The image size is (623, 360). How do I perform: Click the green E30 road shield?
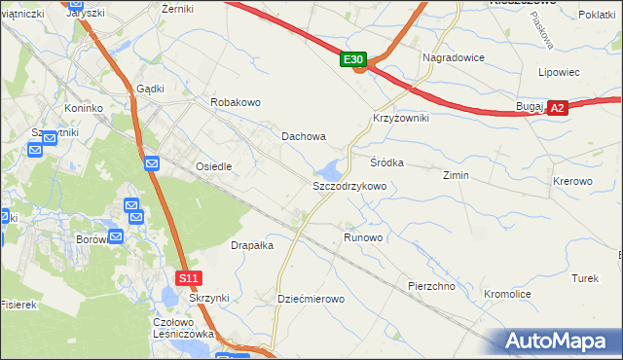355,60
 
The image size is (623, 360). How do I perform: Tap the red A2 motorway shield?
557,109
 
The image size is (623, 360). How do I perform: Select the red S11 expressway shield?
189,278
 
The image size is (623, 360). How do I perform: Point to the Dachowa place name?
304,137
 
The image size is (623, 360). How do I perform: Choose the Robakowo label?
237,102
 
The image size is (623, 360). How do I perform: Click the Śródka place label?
386,162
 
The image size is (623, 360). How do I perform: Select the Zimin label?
456,175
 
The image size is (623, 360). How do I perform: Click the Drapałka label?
252,245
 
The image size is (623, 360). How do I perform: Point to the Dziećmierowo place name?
311,299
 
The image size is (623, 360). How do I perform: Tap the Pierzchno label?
433,286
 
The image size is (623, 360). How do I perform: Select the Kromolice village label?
507,293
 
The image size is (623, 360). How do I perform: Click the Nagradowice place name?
454,57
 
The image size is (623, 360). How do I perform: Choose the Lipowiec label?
560,72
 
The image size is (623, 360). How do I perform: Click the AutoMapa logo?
560,342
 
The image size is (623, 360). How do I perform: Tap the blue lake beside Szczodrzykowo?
334,168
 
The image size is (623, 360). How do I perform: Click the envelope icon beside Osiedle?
152,162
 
